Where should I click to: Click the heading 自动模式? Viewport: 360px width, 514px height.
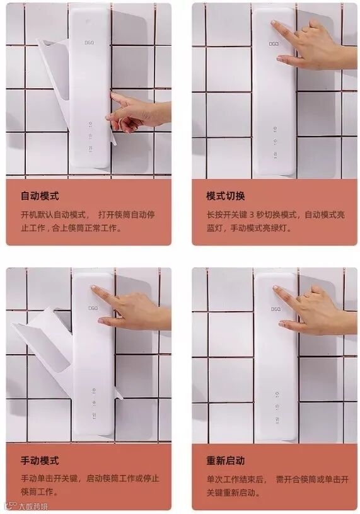coord(40,196)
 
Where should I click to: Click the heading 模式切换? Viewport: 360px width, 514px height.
coord(226,196)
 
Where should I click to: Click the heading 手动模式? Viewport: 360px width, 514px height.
coord(40,460)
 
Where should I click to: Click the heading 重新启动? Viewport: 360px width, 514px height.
coord(226,460)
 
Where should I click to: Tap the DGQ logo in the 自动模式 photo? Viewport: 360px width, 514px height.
coord(90,43)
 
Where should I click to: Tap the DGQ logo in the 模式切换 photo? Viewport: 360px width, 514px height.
coord(274,44)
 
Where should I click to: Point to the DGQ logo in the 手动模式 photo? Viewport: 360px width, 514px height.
coord(93,308)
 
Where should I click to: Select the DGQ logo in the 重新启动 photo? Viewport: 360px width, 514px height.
coord(276,309)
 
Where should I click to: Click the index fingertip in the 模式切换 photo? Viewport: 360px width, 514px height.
coord(273,23)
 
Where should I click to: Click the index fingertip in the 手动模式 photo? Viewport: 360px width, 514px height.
coord(93,287)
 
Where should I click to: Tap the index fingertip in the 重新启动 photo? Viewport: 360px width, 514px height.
coord(276,288)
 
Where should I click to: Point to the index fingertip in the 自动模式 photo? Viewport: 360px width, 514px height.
coord(113,94)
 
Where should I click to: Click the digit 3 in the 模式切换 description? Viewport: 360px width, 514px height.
coord(252,215)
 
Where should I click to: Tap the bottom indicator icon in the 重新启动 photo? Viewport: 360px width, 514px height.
coord(277,420)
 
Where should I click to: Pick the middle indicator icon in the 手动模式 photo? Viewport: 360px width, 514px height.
coord(94,403)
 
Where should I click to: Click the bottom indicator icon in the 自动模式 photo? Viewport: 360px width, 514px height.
coord(90,149)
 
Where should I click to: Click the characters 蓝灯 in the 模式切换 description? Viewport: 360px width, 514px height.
coord(214,228)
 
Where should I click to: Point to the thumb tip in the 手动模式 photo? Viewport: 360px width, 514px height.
coord(100,320)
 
